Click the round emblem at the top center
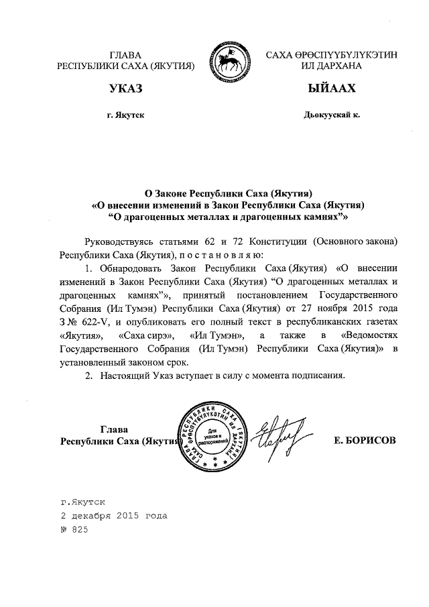click(x=231, y=59)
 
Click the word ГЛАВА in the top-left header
click(x=127, y=54)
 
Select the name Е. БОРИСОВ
click(x=364, y=440)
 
